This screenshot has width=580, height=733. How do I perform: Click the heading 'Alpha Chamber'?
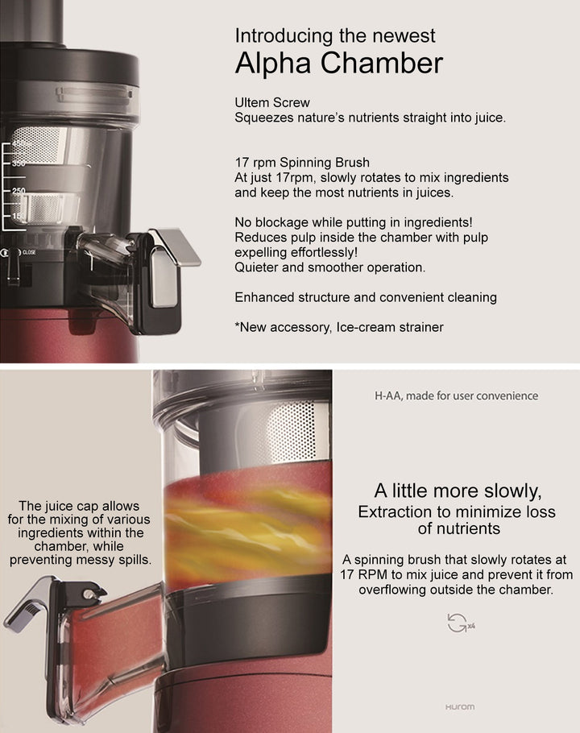tap(338, 64)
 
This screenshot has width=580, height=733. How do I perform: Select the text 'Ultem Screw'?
tap(271, 103)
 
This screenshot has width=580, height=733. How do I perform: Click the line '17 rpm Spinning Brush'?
tap(302, 162)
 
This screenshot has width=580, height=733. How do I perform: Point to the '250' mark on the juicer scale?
tap(17, 191)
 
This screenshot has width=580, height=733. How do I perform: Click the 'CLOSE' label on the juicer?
tap(28, 253)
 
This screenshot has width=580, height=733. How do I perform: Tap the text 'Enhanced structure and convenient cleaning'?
tap(365, 297)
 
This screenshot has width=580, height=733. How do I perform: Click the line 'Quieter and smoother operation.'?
tap(329, 267)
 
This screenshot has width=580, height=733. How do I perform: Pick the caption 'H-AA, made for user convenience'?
tap(456, 395)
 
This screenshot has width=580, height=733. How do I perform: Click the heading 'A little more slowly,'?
tap(458, 491)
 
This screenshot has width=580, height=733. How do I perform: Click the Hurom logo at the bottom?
tap(459, 707)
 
